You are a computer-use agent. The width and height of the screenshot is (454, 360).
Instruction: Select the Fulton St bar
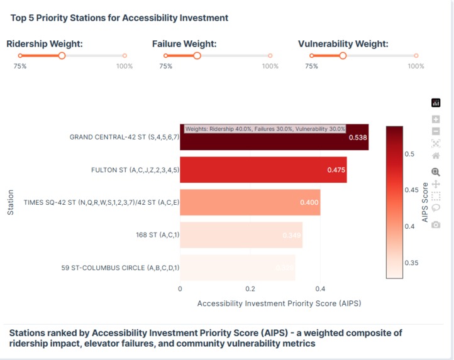263,170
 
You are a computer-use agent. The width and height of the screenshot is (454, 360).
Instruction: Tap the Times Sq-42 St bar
250,202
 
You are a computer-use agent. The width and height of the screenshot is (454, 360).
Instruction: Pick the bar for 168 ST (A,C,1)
241,234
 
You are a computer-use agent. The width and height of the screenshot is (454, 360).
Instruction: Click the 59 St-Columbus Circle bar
237,267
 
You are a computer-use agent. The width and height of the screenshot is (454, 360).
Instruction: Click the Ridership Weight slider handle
62,56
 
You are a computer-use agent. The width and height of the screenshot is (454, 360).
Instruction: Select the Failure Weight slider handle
197,56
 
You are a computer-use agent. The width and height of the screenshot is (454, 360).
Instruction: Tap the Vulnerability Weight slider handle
343,56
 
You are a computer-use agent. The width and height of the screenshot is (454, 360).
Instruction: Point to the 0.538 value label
357,137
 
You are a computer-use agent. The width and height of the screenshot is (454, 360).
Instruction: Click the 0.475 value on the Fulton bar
336,170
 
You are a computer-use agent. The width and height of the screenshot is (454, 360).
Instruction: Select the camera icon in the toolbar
436,224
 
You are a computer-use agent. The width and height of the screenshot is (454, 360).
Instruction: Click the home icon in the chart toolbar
436,155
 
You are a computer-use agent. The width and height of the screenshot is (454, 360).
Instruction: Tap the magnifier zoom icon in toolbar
436,172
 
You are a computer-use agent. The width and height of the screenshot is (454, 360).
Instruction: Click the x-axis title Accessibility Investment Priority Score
279,303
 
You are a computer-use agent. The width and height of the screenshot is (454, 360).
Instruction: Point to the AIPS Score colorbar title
425,202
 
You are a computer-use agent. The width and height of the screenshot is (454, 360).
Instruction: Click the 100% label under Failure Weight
270,66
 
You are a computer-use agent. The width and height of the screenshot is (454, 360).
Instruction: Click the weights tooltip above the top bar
265,128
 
